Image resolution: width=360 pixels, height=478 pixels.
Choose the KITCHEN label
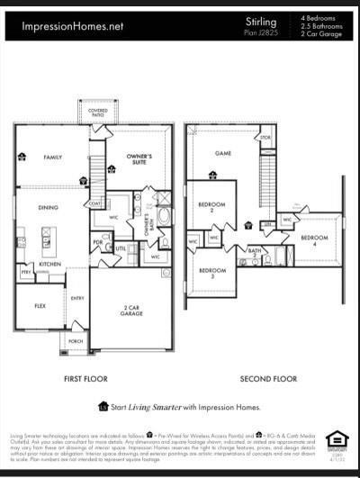49,265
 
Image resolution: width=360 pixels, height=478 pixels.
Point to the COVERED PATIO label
97,114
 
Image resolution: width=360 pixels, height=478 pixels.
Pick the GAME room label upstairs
223,153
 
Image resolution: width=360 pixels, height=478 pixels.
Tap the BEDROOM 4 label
314,240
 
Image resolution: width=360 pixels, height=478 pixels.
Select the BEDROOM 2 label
211,205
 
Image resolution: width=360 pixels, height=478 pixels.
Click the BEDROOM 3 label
212,272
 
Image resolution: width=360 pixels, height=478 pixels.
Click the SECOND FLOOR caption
269,379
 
